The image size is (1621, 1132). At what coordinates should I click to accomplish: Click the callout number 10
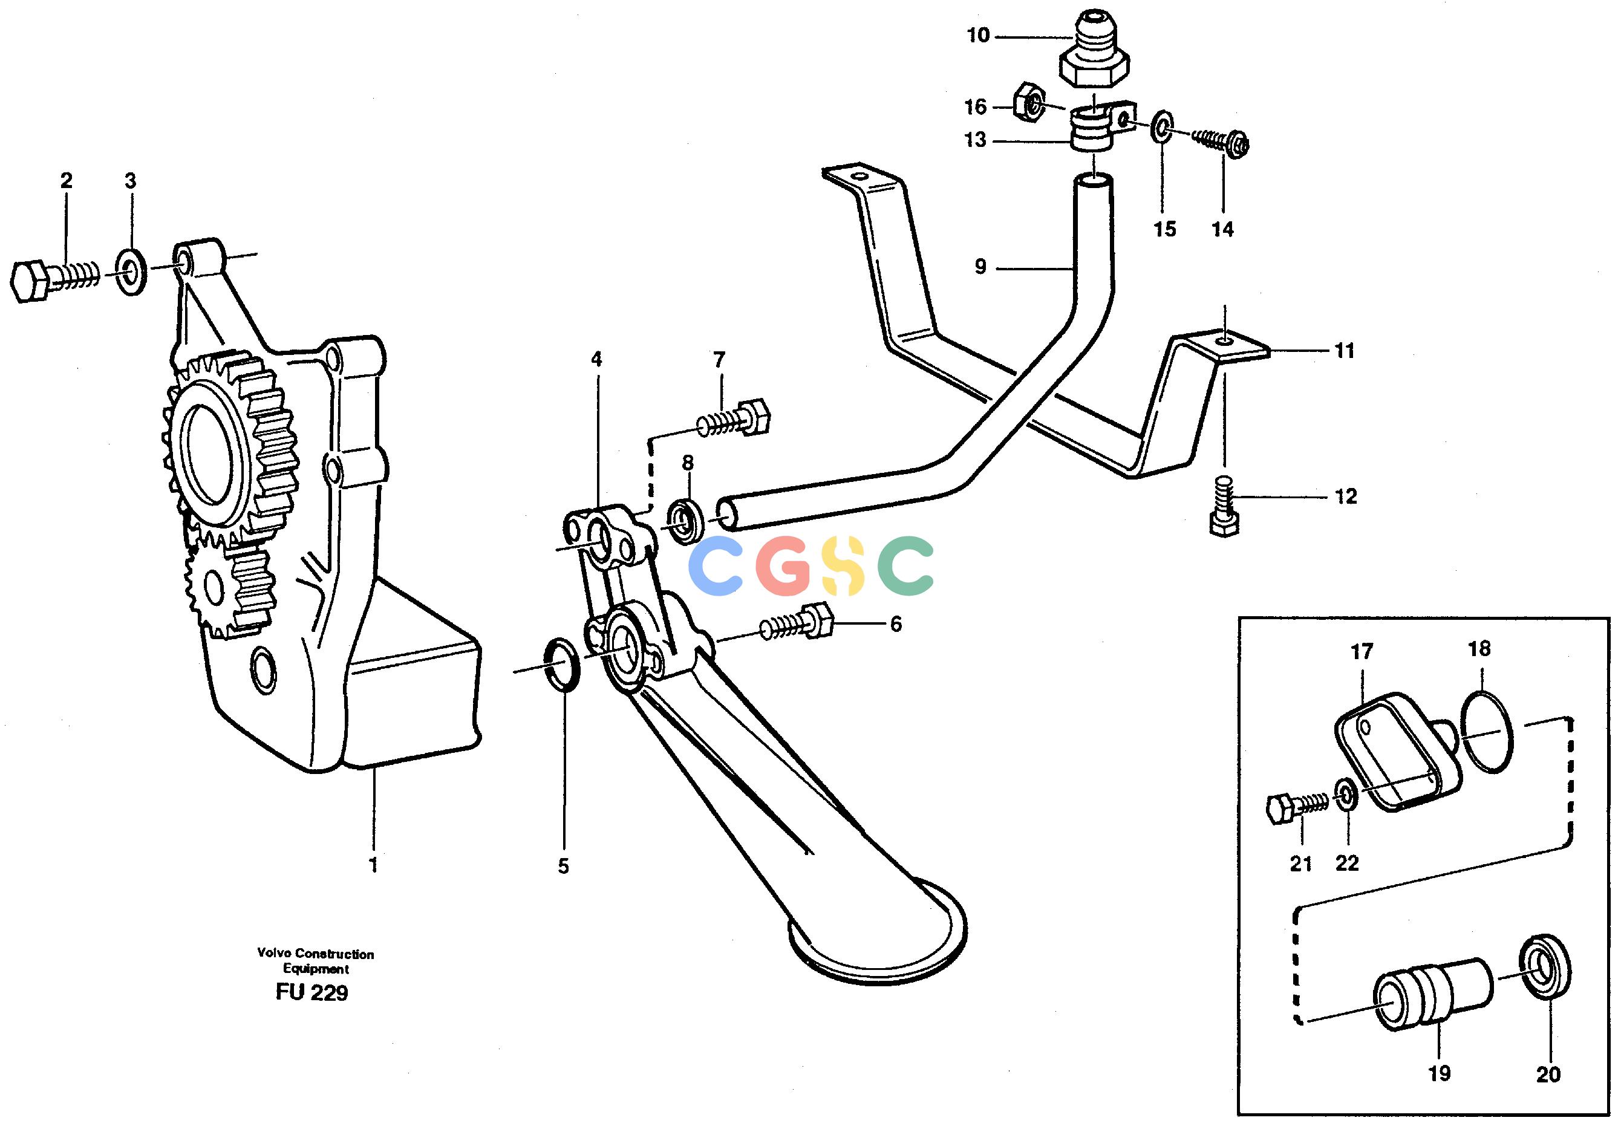point(978,35)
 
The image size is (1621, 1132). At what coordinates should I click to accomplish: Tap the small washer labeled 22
point(1346,795)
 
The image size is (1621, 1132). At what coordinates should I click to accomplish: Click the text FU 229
point(312,993)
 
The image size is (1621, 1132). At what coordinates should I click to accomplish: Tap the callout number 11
point(1344,350)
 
